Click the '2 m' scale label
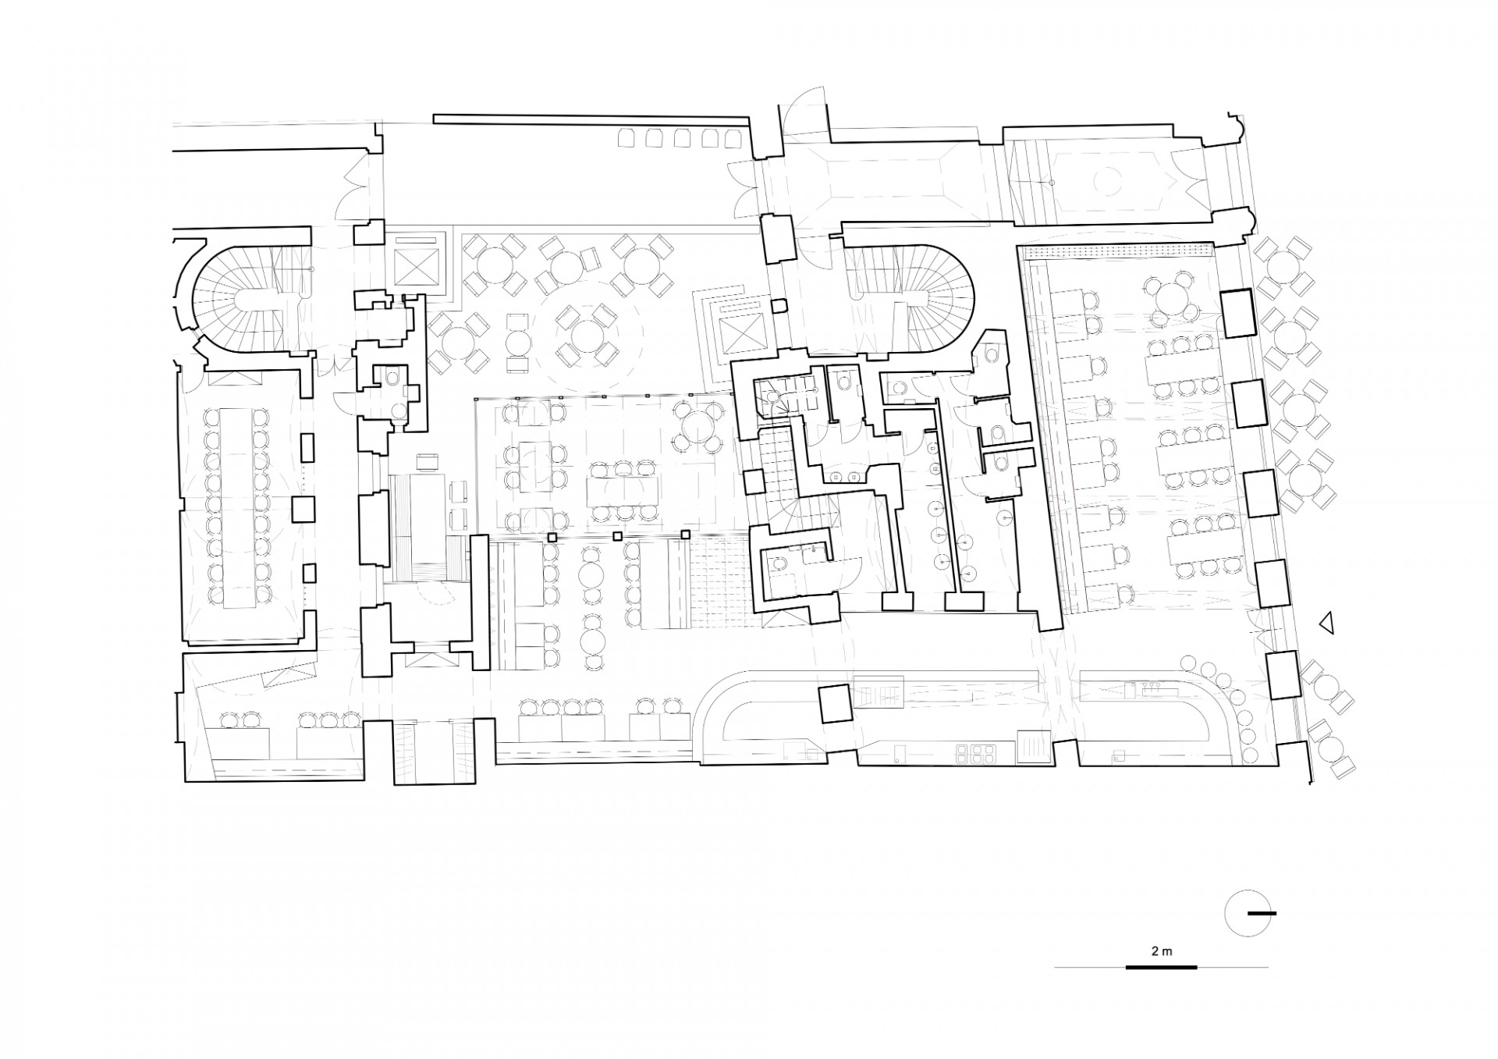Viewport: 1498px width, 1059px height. [1161, 951]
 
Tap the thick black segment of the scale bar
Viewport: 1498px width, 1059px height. [1161, 968]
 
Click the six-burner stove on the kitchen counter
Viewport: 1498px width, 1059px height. [975, 752]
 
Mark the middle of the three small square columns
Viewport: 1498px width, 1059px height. [618, 536]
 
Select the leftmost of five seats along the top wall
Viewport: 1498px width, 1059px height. [627, 139]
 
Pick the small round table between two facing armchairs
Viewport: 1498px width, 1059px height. [517, 341]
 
